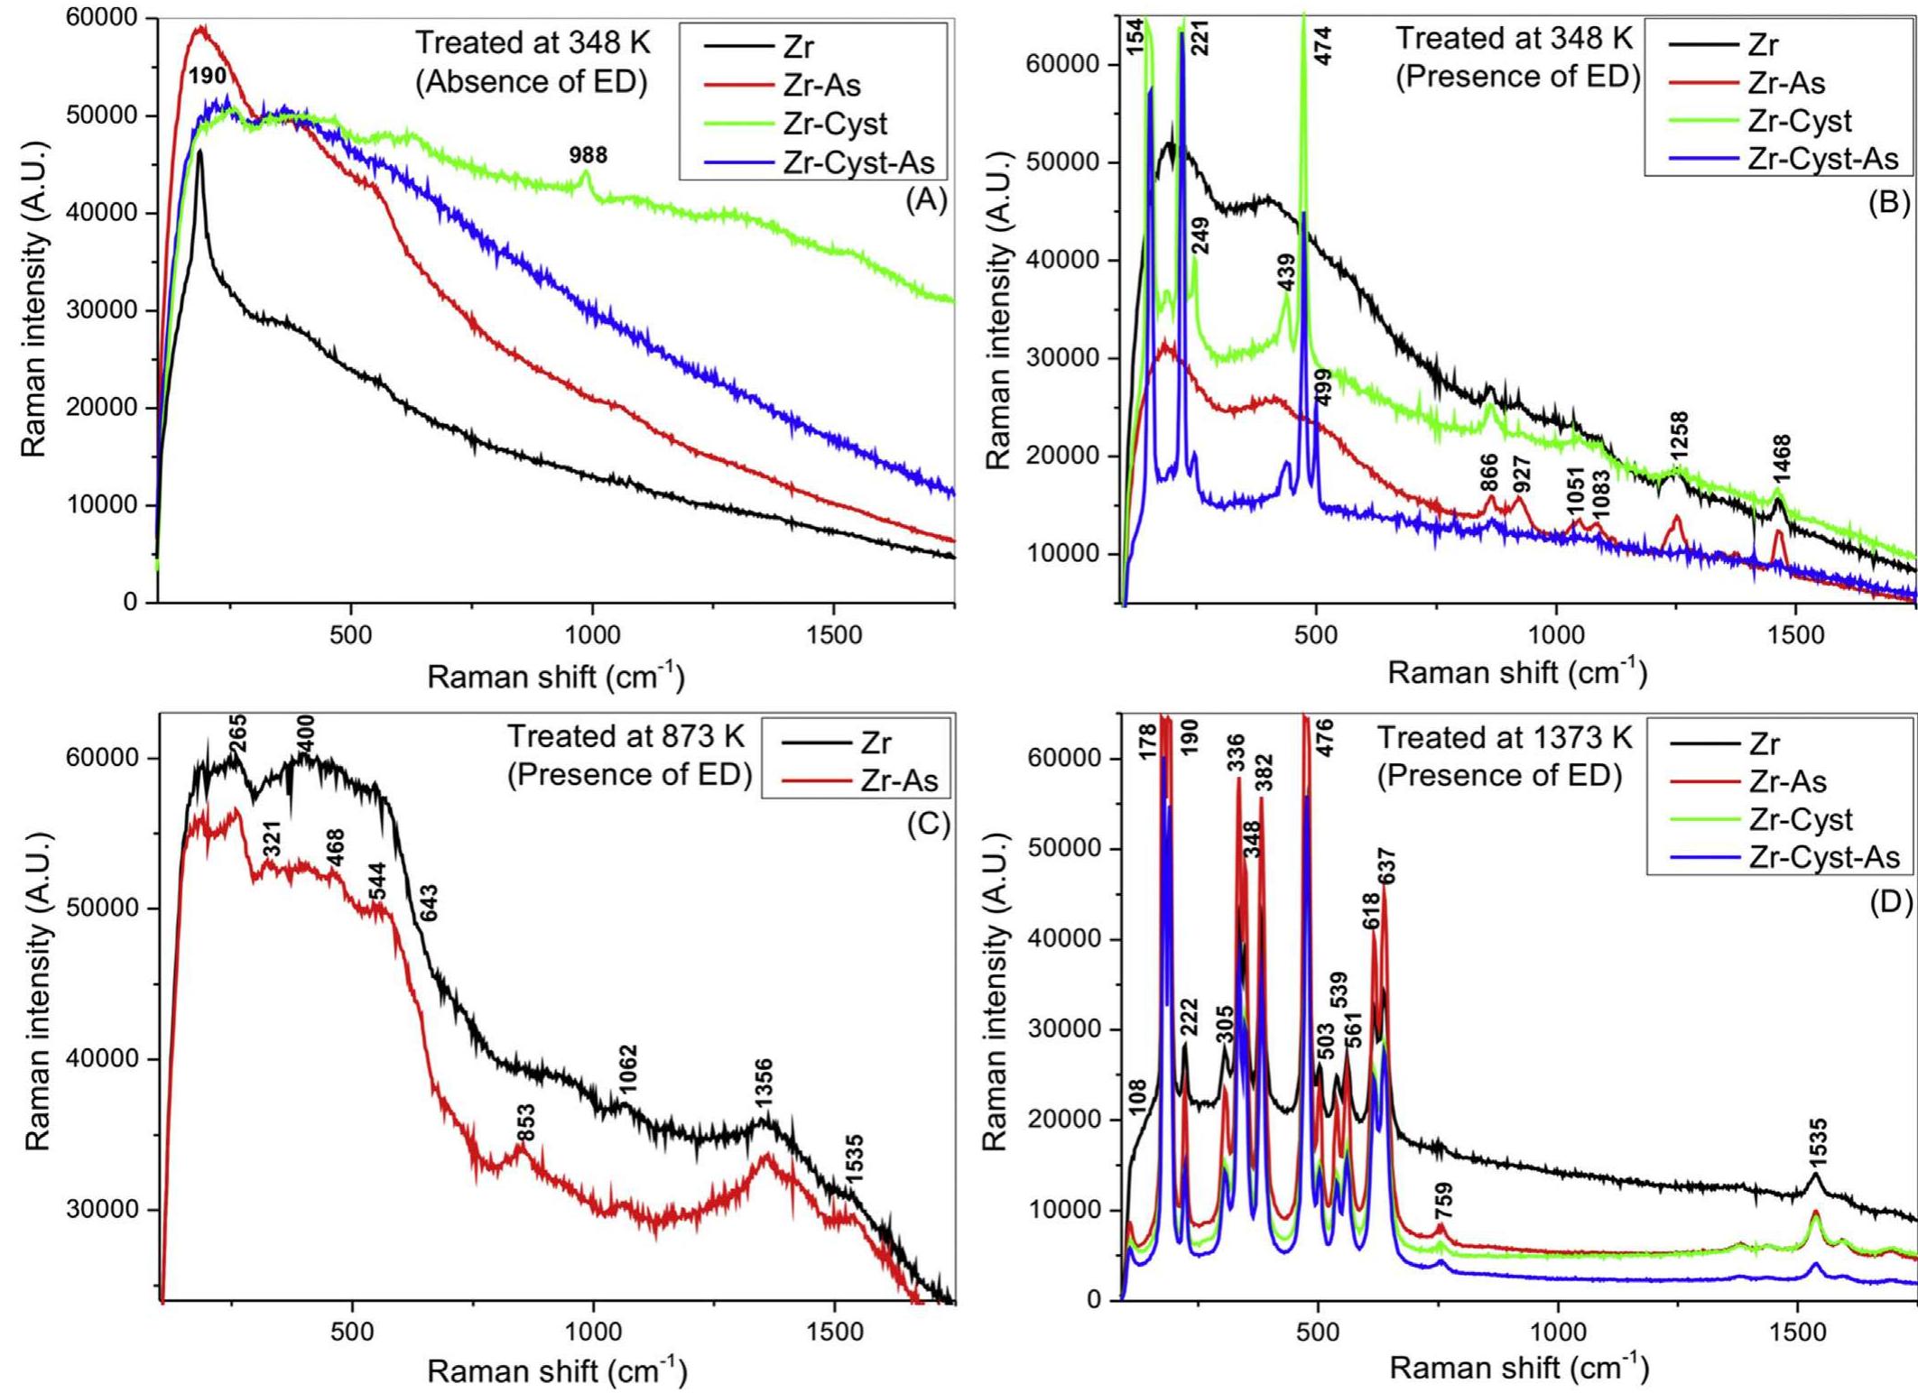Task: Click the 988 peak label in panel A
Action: click(x=588, y=155)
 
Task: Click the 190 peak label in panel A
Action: click(x=207, y=77)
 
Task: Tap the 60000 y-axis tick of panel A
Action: click(x=101, y=18)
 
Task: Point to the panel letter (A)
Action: click(x=926, y=200)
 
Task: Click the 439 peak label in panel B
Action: click(x=1286, y=272)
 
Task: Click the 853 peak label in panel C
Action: click(x=525, y=1123)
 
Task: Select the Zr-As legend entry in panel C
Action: click(x=899, y=781)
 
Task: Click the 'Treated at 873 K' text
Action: click(x=625, y=737)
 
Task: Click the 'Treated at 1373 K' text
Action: click(x=1504, y=739)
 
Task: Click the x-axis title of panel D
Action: click(x=1519, y=1369)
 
